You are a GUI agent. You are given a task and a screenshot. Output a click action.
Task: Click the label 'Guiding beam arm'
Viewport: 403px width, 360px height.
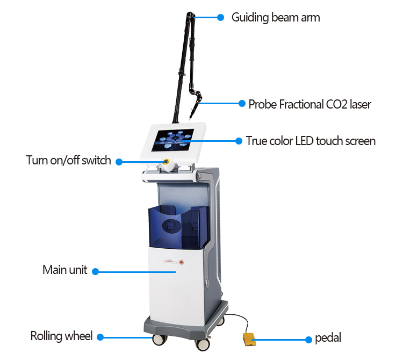click(275, 18)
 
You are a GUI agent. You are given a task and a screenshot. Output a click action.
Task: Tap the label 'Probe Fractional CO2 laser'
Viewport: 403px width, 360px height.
click(310, 104)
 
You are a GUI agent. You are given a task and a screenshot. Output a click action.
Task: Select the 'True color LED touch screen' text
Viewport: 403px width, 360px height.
click(311, 141)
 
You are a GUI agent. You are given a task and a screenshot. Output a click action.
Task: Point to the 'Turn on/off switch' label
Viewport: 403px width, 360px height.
click(69, 160)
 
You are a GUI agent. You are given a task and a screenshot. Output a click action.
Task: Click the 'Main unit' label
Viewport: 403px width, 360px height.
click(64, 270)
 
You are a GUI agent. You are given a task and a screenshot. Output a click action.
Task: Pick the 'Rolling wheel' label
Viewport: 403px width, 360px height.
click(61, 337)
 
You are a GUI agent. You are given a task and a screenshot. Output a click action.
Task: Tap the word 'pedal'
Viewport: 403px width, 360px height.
click(328, 338)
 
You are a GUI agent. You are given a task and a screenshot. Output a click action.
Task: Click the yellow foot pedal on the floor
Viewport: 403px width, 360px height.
click(249, 340)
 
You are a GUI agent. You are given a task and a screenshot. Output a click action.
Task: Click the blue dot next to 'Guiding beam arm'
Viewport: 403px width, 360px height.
click(220, 18)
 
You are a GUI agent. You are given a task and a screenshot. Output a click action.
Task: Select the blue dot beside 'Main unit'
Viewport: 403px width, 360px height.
click(96, 271)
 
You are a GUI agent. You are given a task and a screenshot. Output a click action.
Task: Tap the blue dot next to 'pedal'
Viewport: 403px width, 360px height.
click(308, 339)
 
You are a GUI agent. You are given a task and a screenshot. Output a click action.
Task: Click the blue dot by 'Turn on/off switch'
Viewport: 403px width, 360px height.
click(119, 161)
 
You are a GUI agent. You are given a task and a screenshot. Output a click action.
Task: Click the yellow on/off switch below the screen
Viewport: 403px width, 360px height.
click(166, 163)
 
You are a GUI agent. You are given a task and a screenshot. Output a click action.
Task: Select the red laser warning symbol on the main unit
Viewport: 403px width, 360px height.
click(182, 262)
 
